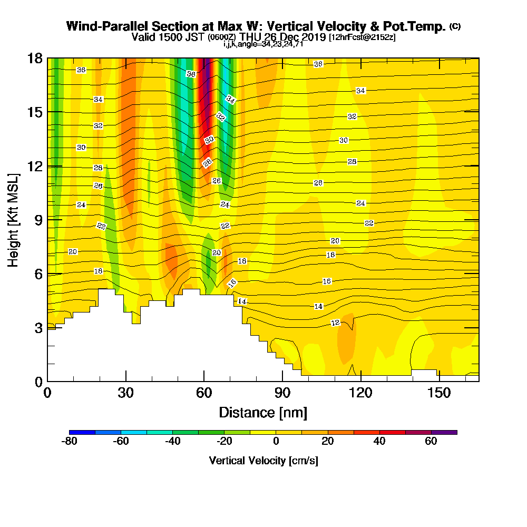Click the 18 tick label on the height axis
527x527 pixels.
tap(35, 58)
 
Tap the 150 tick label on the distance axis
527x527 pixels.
tap(439, 393)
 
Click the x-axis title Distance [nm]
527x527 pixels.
tap(263, 412)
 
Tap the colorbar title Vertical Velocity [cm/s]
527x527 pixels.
tap(263, 461)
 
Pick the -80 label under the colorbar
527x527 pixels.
tap(70, 442)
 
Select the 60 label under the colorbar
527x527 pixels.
tap(431, 442)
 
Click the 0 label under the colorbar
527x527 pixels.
tap(276, 442)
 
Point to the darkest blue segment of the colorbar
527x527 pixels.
tap(82, 432)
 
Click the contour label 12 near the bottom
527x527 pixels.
tap(335, 323)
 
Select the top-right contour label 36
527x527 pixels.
tap(318, 64)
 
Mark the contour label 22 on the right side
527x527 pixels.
tap(369, 223)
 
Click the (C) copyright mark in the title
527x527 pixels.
tap(455, 26)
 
